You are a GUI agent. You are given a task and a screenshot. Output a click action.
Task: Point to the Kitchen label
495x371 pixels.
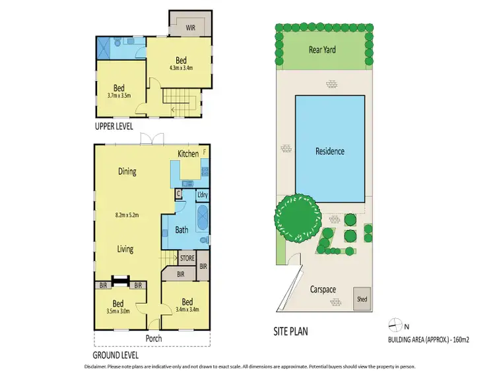pos(187,154)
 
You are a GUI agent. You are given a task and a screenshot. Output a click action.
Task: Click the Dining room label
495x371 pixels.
pos(127,172)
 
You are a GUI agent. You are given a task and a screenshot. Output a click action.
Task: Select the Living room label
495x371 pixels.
pos(125,249)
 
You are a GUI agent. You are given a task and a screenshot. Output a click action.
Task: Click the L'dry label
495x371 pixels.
pos(202,196)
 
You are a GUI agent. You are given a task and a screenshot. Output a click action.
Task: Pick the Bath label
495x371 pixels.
pos(182,230)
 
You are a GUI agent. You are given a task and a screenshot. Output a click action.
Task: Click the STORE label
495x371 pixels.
pos(187,258)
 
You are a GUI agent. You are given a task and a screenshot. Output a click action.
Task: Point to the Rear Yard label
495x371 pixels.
pos(322,49)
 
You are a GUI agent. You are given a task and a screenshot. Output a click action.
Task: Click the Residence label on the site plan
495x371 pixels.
pos(329,151)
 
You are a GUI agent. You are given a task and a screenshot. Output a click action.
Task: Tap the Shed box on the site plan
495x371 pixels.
pos(362,297)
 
